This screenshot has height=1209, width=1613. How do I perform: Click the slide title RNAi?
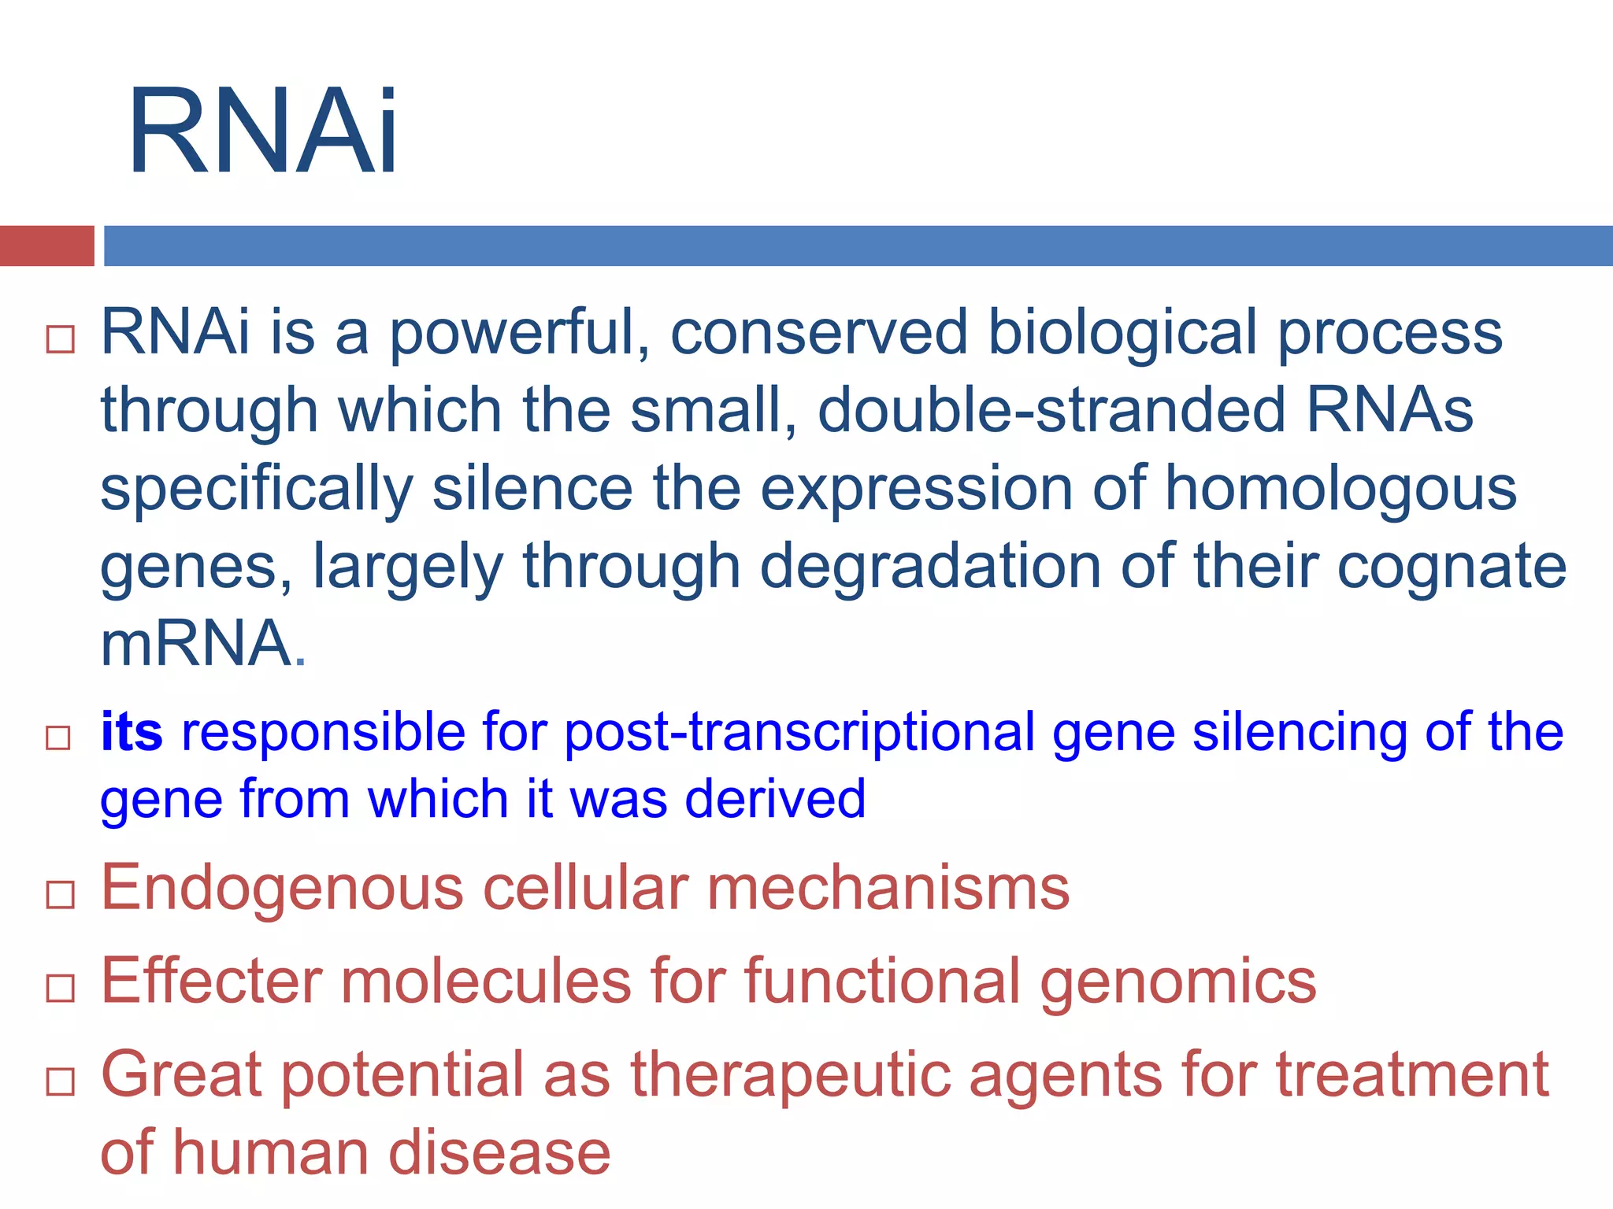(x=263, y=131)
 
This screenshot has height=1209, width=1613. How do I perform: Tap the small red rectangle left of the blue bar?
(x=46, y=246)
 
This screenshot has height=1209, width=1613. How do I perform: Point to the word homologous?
(x=1340, y=488)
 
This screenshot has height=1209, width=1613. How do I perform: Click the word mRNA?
(x=197, y=643)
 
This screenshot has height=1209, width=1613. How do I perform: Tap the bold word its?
(x=132, y=731)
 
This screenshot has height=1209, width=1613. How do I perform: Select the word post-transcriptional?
(x=799, y=733)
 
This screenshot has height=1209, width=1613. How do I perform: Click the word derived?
(x=775, y=798)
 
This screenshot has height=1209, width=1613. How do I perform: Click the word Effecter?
(x=212, y=981)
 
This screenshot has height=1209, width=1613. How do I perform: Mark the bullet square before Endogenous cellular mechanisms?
(x=60, y=895)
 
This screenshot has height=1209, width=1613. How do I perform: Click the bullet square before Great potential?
(x=60, y=1081)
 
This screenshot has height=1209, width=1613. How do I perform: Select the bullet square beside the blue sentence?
(x=58, y=738)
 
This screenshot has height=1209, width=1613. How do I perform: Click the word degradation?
(x=930, y=567)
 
